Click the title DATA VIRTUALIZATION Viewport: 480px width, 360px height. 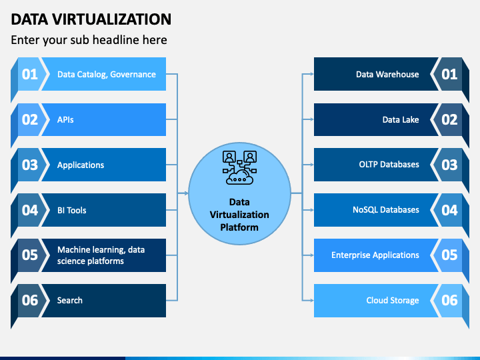pos(91,19)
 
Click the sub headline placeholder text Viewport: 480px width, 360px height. pos(89,40)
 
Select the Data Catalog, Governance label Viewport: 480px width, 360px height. pos(106,75)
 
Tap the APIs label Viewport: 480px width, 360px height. pos(65,120)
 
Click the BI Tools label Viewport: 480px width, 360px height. pos(71,210)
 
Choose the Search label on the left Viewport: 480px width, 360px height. pos(70,300)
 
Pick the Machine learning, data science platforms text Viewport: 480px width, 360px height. pos(101,255)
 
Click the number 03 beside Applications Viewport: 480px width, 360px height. pos(30,165)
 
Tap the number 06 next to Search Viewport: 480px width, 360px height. pos(30,300)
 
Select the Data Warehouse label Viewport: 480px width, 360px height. pos(387,75)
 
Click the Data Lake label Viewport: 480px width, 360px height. pos(401,120)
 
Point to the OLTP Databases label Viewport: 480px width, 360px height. pos(389,165)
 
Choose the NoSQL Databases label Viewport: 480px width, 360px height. pos(386,210)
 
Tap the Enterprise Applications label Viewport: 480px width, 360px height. pos(375,255)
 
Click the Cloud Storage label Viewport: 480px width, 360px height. pos(393,300)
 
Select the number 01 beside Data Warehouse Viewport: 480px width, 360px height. pos(449,75)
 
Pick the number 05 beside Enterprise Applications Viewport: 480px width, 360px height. pos(449,255)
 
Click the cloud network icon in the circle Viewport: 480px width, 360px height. pos(239,167)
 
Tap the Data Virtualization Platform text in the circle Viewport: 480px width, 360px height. pos(239,215)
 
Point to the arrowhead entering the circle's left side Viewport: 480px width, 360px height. pos(186,193)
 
